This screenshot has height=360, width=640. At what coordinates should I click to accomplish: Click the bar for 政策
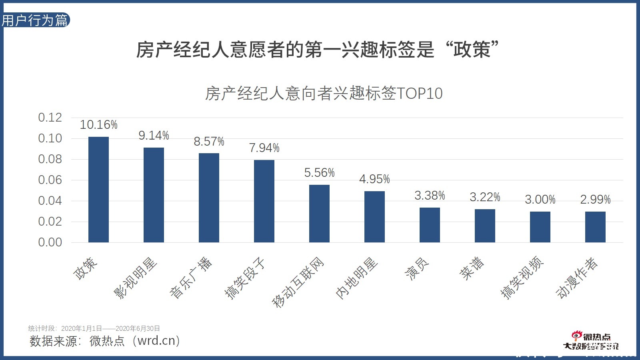click(x=98, y=190)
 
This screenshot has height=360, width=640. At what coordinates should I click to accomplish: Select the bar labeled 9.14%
click(x=154, y=195)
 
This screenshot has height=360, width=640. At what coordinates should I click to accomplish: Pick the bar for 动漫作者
click(x=595, y=227)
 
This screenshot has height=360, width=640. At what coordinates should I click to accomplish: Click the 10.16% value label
click(x=98, y=125)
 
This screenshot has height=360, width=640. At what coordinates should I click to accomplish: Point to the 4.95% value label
click(x=374, y=179)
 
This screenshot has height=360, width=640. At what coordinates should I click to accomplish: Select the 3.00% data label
click(x=540, y=200)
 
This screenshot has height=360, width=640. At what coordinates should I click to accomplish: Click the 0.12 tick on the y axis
click(x=50, y=118)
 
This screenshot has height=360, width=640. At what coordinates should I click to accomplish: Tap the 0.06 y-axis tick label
click(x=50, y=180)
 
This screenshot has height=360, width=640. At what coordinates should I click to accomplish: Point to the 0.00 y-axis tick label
click(x=50, y=242)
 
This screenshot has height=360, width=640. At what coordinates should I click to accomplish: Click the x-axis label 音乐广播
click(x=191, y=278)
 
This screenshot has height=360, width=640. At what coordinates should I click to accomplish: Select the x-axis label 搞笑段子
click(x=245, y=278)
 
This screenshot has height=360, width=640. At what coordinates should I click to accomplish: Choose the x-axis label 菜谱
click(x=472, y=268)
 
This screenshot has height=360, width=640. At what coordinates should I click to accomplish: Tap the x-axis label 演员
click(x=417, y=268)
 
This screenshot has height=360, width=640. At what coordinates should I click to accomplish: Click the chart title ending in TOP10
click(x=324, y=94)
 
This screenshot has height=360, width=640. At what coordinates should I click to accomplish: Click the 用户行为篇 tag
click(x=35, y=20)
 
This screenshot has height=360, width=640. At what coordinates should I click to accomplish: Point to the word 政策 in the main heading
click(x=472, y=50)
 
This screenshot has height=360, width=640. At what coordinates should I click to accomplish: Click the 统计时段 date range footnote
click(x=94, y=328)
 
